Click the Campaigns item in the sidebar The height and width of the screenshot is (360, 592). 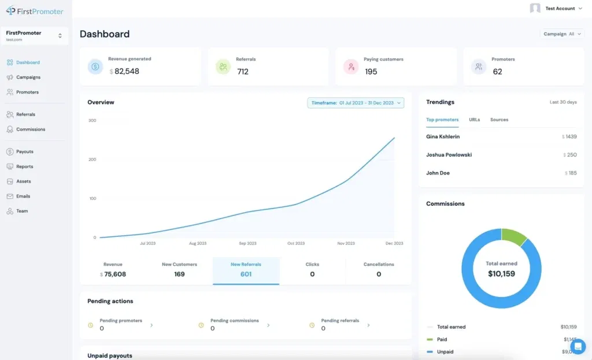(x=28, y=77)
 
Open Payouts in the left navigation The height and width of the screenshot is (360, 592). (x=24, y=151)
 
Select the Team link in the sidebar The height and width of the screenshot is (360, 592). (x=22, y=211)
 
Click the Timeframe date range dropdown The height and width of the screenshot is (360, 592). (x=356, y=103)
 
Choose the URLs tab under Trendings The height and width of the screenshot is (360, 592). (x=474, y=120)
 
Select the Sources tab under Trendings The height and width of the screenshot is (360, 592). (x=499, y=120)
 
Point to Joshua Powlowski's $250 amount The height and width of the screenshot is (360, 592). (x=570, y=155)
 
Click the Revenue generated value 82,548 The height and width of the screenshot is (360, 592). (x=127, y=72)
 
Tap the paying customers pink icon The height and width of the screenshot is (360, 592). (x=351, y=66)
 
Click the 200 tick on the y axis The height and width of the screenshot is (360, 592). (x=92, y=159)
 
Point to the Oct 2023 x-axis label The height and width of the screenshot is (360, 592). (x=296, y=243)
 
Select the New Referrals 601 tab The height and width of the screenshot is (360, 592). (x=246, y=270)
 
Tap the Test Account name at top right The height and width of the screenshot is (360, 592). (x=560, y=9)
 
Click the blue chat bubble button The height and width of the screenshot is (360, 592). (x=578, y=346)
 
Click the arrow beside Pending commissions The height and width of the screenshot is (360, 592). (x=268, y=325)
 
